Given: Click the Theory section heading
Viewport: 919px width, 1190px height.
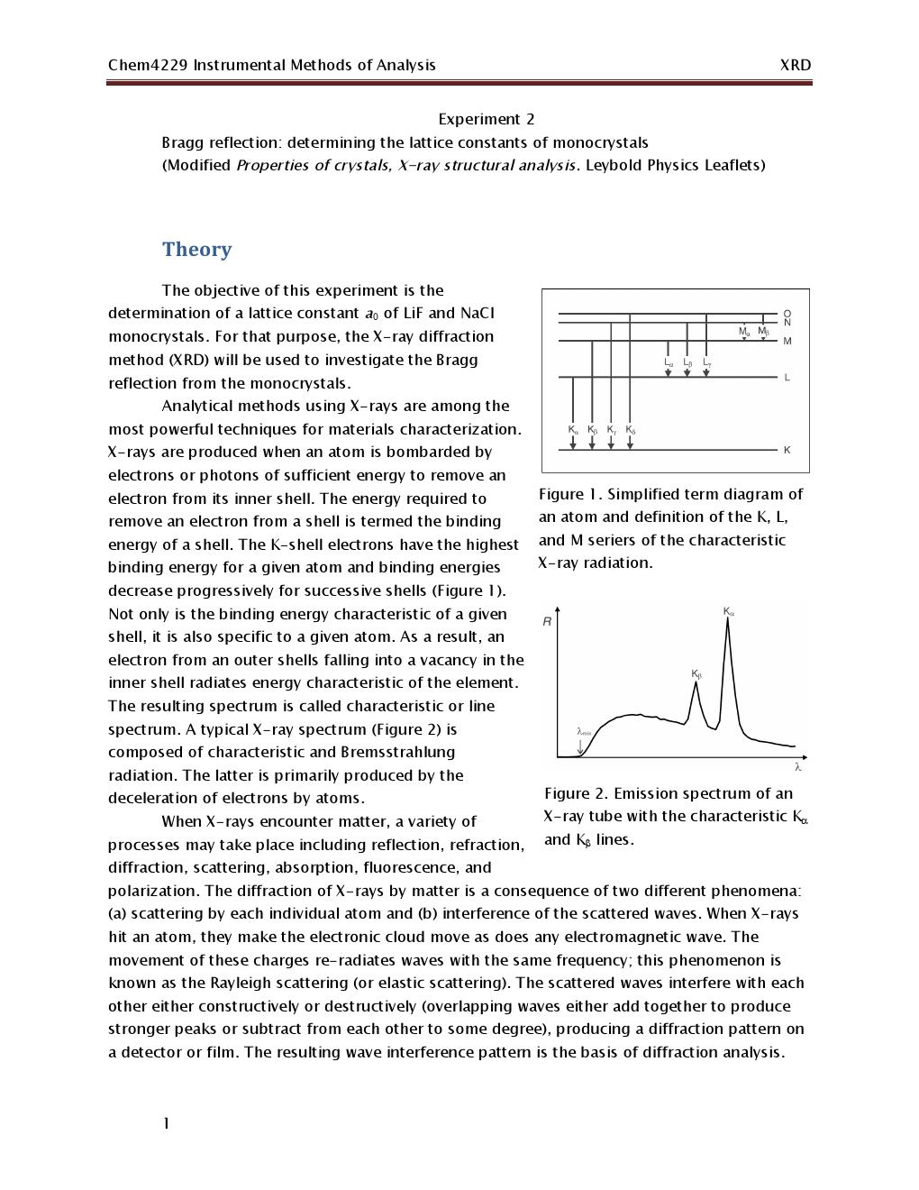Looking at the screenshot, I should [196, 250].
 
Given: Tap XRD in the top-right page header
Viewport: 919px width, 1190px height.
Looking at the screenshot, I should [795, 65].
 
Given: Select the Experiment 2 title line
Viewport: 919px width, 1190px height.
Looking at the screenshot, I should [486, 119].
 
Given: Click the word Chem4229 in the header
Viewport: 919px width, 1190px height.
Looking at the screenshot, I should [148, 65].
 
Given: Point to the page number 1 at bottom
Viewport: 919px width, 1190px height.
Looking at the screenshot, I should [166, 1123].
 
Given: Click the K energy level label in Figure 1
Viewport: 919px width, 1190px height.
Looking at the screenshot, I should [787, 450].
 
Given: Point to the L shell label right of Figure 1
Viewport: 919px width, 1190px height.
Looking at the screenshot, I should [787, 378].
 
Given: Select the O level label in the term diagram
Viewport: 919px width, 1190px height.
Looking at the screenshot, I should [787, 313].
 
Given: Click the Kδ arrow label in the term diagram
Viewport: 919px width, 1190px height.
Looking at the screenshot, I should [631, 430].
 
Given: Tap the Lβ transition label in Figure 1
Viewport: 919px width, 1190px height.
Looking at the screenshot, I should [687, 362].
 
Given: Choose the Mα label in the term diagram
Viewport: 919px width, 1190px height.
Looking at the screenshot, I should [744, 332].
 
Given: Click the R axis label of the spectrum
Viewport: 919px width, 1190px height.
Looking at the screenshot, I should [547, 622].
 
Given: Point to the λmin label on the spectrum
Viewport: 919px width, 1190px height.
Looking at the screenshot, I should [583, 731].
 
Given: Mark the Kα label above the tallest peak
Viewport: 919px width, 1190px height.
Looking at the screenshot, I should [729, 611].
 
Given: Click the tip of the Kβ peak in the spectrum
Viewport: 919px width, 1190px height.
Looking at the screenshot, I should [696, 682].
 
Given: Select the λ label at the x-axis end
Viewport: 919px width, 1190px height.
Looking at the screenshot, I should [798, 767].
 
